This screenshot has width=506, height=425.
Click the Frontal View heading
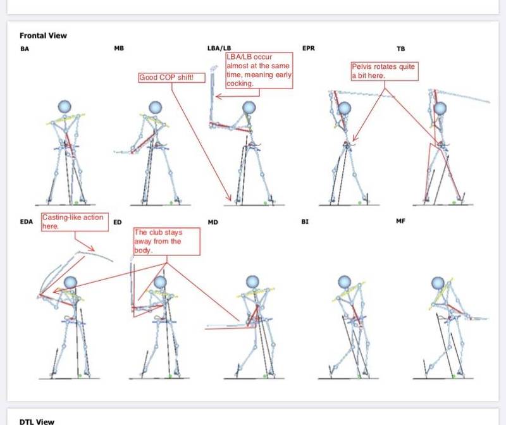[43, 35]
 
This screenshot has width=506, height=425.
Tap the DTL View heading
[37, 421]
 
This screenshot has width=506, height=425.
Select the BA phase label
[25, 49]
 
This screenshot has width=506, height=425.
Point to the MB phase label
[119, 48]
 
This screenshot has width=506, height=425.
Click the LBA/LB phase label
[219, 48]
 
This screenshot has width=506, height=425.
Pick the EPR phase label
[309, 48]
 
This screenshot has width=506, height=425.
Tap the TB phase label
[400, 49]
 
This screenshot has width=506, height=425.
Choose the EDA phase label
[27, 222]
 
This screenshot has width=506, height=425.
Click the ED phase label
[118, 222]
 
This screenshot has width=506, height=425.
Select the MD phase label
[213, 222]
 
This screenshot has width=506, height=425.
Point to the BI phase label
[305, 222]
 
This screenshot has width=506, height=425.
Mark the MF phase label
[400, 221]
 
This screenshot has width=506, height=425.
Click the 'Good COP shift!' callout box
[171, 77]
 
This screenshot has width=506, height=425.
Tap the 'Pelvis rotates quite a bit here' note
[385, 71]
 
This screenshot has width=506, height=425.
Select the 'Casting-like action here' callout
[75, 222]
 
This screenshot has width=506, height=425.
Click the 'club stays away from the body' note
[167, 242]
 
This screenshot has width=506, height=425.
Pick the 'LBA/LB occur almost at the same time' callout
[259, 70]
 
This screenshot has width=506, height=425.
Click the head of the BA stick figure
[65, 107]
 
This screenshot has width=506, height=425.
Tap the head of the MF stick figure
[438, 283]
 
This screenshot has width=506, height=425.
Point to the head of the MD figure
[252, 282]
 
